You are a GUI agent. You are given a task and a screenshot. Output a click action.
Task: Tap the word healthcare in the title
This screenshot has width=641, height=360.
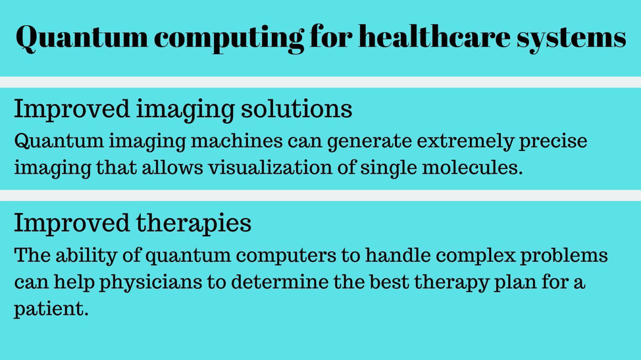pos(434,36)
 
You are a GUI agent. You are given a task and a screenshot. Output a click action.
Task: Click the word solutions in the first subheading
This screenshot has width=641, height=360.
pos(296,109)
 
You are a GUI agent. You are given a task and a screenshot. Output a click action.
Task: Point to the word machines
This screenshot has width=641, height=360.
pos(237,141)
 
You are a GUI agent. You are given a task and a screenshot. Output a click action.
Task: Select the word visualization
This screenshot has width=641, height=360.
pos(270,168)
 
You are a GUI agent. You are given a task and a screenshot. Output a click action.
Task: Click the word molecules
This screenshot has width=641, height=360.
pos(472,168)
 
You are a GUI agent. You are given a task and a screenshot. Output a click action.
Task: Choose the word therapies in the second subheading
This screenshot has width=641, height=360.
pos(193,224)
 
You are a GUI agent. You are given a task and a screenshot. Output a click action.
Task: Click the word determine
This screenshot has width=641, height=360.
pos(280,282)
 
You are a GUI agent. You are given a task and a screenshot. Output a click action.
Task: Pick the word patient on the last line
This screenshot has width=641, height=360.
pos(51,309)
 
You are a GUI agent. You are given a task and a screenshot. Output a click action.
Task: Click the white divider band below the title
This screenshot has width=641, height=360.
pos(320,82)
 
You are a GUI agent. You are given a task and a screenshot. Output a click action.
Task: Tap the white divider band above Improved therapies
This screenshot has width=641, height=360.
pos(320,195)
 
